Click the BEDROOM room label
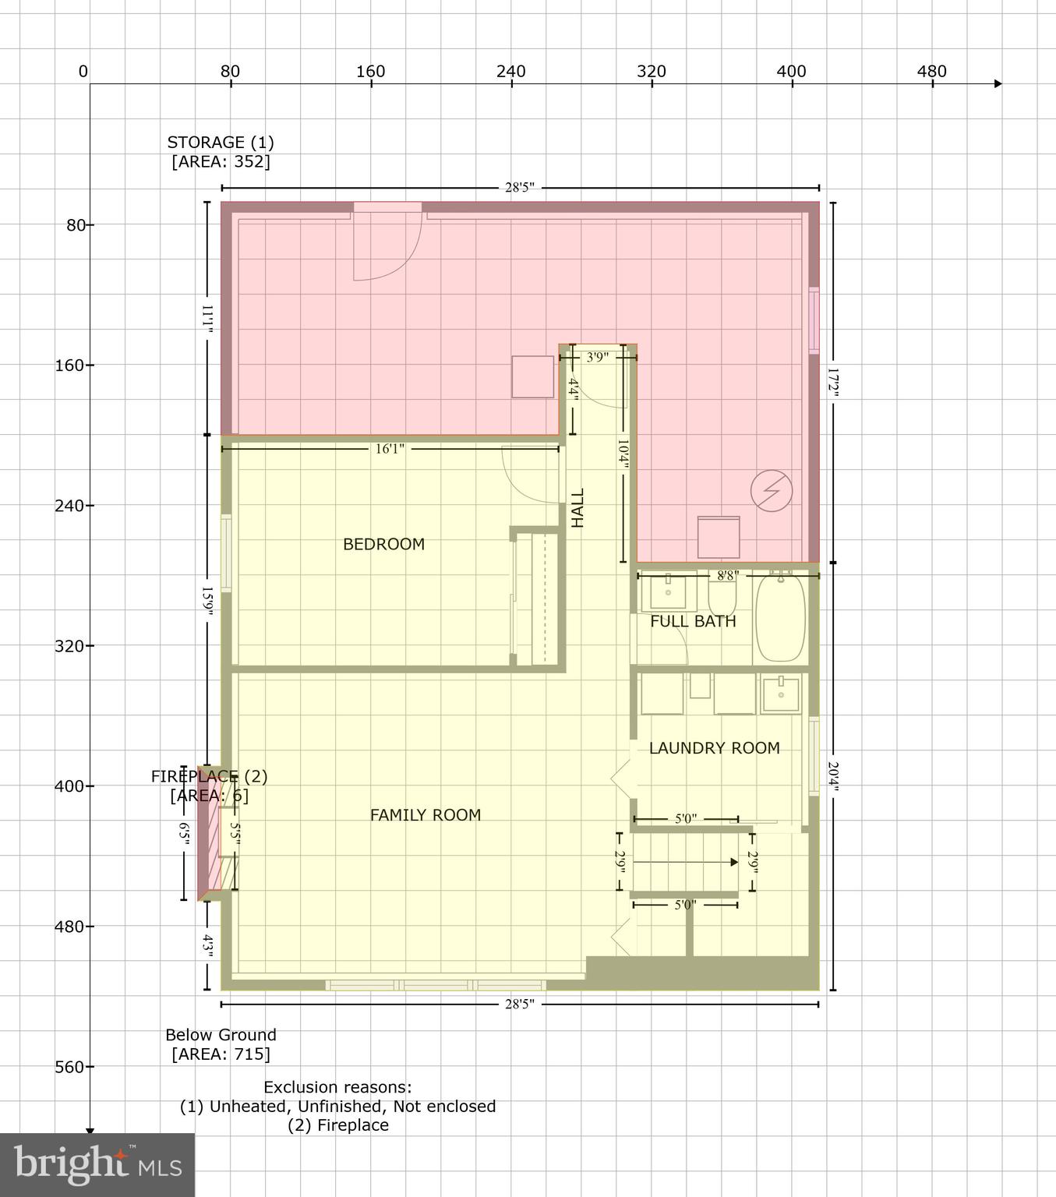[x=383, y=544]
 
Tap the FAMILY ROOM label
[x=425, y=815]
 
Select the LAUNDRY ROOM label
[x=714, y=748]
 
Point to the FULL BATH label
[x=693, y=621]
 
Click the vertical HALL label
[x=577, y=508]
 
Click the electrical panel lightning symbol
[x=772, y=491]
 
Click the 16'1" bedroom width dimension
[x=390, y=449]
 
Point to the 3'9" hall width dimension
[x=597, y=358]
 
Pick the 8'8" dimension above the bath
[x=727, y=576]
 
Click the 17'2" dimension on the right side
[x=832, y=383]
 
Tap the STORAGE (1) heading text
[x=221, y=143]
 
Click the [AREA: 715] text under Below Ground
[x=221, y=1054]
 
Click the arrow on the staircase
[x=733, y=862]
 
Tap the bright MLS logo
[x=97, y=1165]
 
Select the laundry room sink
[x=780, y=694]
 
